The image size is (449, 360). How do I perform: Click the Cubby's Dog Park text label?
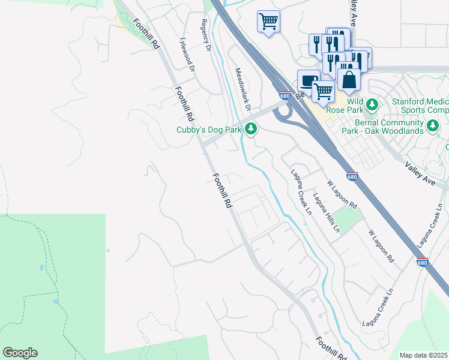[208, 130]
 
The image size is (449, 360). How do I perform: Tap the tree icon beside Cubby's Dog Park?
[251, 128]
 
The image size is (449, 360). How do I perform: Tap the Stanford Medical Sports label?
[420, 106]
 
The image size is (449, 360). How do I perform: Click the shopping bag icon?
[349, 80]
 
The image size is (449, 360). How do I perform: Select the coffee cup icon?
[309, 80]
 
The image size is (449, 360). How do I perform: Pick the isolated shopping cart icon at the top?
[268, 22]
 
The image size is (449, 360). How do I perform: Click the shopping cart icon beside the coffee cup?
[323, 91]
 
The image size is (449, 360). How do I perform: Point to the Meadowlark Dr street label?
[241, 88]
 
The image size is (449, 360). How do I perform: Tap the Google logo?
[20, 353]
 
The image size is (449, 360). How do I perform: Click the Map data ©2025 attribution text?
[423, 355]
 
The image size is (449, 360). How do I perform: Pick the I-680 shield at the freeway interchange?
[285, 95]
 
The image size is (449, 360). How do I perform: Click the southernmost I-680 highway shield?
[422, 262]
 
